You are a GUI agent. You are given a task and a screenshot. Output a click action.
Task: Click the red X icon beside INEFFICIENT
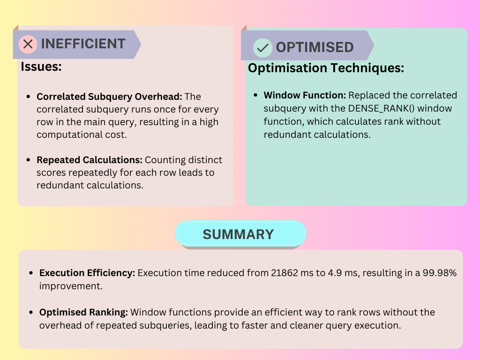point(28,44)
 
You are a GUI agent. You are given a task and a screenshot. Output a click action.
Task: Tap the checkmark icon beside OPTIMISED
point(262,48)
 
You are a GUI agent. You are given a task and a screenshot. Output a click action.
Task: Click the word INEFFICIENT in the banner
point(83,44)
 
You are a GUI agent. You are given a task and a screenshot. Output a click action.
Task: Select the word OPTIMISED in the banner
point(315,47)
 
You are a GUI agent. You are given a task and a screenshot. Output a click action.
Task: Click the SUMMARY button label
point(238,234)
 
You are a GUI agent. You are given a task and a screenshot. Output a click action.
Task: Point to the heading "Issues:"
point(41,67)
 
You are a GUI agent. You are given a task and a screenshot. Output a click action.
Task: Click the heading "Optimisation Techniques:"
point(326,68)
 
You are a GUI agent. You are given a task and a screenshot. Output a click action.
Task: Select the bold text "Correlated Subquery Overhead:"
point(109,97)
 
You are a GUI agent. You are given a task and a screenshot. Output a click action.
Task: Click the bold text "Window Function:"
point(305,95)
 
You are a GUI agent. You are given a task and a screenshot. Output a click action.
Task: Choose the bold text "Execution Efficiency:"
point(87,273)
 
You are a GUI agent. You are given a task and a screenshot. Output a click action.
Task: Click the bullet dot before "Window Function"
point(255,96)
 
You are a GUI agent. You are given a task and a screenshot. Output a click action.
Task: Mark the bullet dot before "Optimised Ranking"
point(31,313)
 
